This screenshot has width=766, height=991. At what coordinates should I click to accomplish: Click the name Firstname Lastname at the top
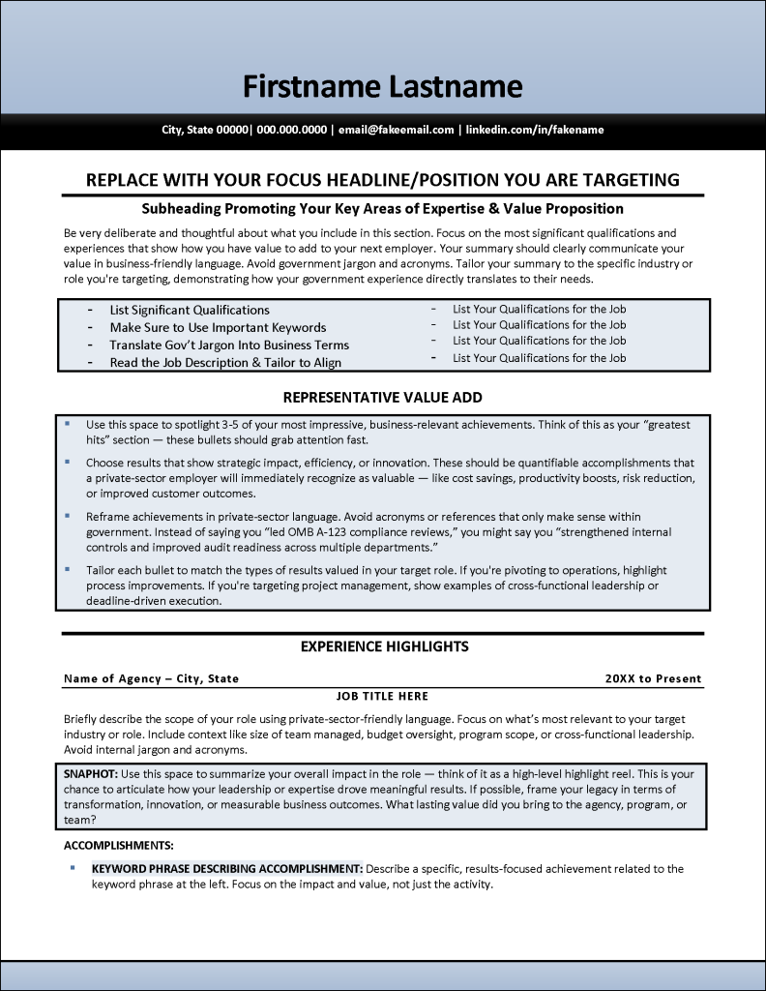pyautogui.click(x=382, y=87)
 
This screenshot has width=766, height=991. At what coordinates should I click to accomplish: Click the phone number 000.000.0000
pyautogui.click(x=291, y=130)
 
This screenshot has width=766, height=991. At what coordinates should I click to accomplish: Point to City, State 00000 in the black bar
pyautogui.click(x=204, y=130)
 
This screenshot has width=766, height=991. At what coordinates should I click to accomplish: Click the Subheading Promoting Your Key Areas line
pyautogui.click(x=382, y=208)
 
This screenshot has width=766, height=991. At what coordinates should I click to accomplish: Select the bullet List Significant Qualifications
pyautogui.click(x=189, y=310)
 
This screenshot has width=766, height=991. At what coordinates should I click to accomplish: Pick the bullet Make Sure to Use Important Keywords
pyautogui.click(x=218, y=327)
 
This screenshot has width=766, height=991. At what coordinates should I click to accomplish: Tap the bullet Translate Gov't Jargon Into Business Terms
pyautogui.click(x=228, y=345)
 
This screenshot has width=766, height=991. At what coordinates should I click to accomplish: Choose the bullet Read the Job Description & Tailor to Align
pyautogui.click(x=224, y=362)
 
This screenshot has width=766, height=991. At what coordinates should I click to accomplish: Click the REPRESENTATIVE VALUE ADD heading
pyautogui.click(x=382, y=397)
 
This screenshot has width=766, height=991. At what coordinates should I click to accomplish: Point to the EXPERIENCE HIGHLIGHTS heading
pyautogui.click(x=384, y=646)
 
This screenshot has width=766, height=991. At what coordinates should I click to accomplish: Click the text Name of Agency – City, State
pyautogui.click(x=151, y=678)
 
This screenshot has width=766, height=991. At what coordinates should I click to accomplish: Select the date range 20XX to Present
pyautogui.click(x=653, y=678)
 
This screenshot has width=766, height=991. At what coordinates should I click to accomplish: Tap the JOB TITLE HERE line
pyautogui.click(x=382, y=696)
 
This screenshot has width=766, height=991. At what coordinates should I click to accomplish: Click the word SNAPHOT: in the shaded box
pyautogui.click(x=90, y=774)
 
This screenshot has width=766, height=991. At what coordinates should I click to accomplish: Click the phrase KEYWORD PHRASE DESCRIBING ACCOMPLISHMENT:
pyautogui.click(x=227, y=868)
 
